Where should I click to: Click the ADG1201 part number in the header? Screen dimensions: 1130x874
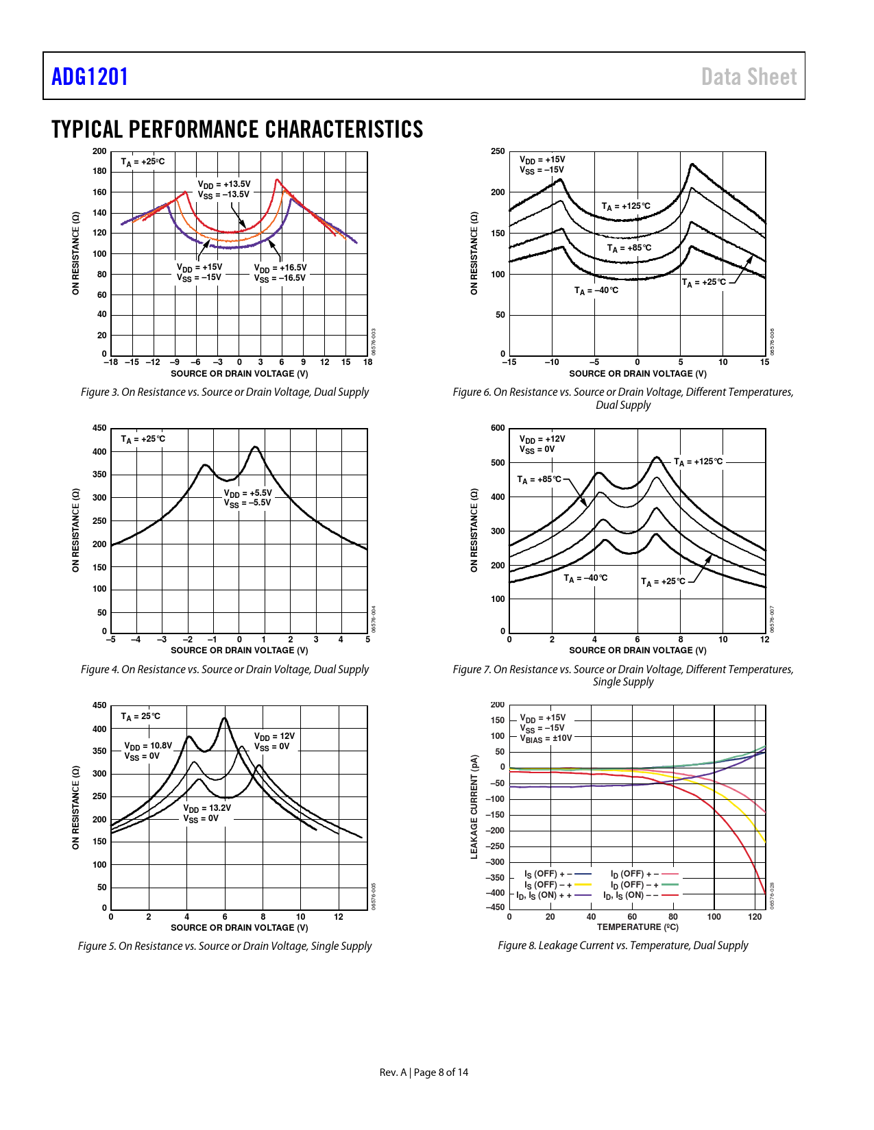click(90, 77)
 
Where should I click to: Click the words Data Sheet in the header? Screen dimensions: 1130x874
click(749, 77)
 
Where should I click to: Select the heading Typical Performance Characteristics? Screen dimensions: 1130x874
click(237, 129)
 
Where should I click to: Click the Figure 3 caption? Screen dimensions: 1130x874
click(225, 392)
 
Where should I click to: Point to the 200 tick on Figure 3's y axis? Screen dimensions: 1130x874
click(100, 151)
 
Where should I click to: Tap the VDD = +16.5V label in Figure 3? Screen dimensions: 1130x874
click(280, 268)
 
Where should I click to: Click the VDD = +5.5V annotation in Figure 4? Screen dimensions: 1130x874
click(248, 493)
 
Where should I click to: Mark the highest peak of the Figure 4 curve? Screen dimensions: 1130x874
click(255, 447)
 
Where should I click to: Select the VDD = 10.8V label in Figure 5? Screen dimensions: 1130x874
click(148, 746)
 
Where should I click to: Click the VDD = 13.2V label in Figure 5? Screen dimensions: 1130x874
click(207, 808)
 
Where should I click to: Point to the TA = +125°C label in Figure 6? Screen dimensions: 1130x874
click(626, 206)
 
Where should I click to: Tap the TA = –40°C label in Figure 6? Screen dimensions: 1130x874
click(596, 290)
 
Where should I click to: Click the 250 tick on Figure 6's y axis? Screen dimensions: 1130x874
click(498, 151)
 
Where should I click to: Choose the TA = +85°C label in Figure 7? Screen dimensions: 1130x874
click(539, 479)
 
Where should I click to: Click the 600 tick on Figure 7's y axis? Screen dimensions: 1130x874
click(498, 428)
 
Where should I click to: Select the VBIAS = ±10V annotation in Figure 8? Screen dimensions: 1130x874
click(546, 738)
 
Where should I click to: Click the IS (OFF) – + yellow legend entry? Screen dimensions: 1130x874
click(557, 885)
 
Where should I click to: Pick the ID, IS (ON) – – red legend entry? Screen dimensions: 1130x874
click(640, 895)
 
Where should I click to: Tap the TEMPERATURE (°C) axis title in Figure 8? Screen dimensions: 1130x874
click(638, 927)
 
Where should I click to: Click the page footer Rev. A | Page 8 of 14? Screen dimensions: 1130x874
click(424, 1072)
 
